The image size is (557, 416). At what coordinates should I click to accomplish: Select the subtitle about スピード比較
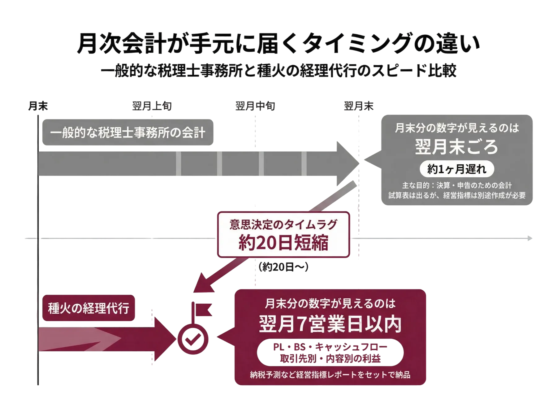[x=278, y=71]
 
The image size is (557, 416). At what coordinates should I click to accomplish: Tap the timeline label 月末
[x=38, y=106]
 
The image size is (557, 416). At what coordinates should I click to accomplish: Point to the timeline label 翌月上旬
[x=152, y=106]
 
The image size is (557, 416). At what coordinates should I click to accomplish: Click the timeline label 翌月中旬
[x=255, y=106]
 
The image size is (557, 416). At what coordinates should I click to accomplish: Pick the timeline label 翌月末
[x=359, y=106]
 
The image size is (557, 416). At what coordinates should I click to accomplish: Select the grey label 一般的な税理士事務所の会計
[x=128, y=132]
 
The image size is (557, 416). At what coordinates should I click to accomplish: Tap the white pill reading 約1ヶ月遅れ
[x=457, y=169]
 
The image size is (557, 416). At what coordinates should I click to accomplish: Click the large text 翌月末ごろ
[x=457, y=147]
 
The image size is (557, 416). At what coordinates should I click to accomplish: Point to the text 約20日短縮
[x=283, y=242]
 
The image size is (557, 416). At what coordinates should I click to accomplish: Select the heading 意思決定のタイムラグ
[x=283, y=224]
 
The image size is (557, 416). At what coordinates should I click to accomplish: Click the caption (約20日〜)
[x=283, y=267]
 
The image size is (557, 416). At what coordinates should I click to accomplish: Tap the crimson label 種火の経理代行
[x=89, y=308]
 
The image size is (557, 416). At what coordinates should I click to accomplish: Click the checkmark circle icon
[x=193, y=339]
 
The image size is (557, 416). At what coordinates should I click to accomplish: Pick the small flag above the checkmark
[x=202, y=310]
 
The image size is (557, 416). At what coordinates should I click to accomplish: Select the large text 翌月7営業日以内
[x=330, y=324]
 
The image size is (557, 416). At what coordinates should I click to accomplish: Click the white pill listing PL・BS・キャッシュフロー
[x=330, y=353]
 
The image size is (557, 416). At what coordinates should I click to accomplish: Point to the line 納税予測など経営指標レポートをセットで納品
[x=330, y=375]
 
